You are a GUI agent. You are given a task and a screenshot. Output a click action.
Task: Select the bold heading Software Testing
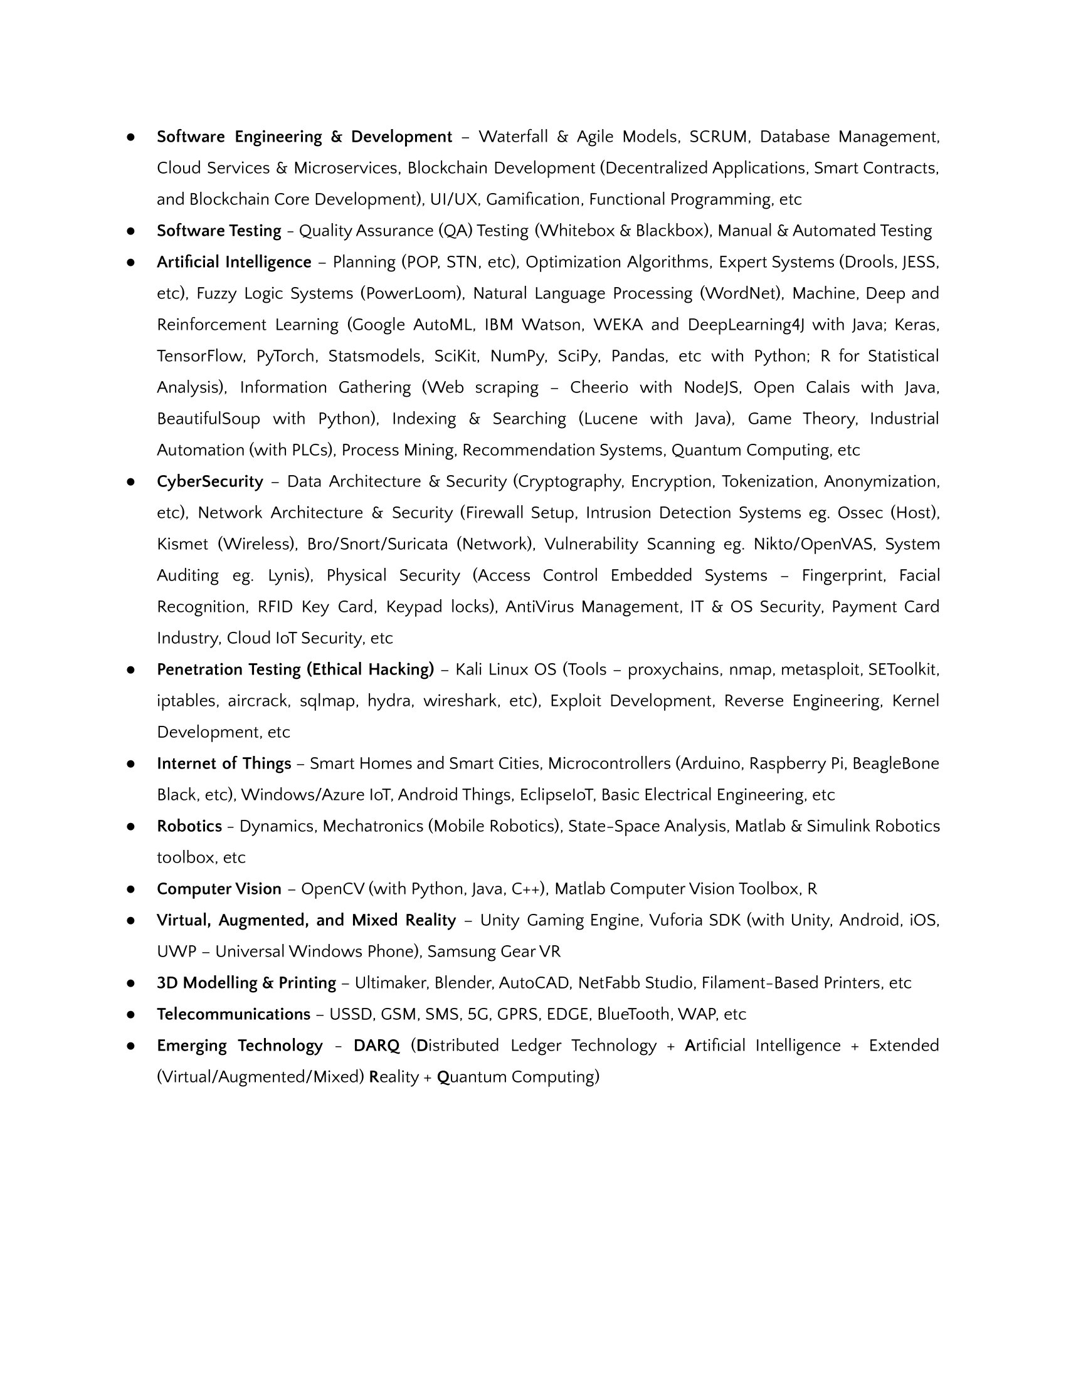pyautogui.click(x=218, y=231)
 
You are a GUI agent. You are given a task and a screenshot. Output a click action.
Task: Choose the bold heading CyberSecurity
pyautogui.click(x=209, y=481)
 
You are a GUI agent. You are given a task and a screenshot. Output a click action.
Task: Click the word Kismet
pyautogui.click(x=182, y=544)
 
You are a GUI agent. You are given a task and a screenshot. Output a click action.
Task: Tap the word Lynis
pyautogui.click(x=287, y=575)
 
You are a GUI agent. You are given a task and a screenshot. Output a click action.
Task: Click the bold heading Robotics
pyautogui.click(x=189, y=826)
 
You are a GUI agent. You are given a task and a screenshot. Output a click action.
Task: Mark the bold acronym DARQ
pyautogui.click(x=376, y=1046)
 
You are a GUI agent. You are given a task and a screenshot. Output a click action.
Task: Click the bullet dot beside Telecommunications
pyautogui.click(x=130, y=1015)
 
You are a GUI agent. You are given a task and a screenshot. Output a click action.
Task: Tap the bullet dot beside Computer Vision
pyautogui.click(x=130, y=889)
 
